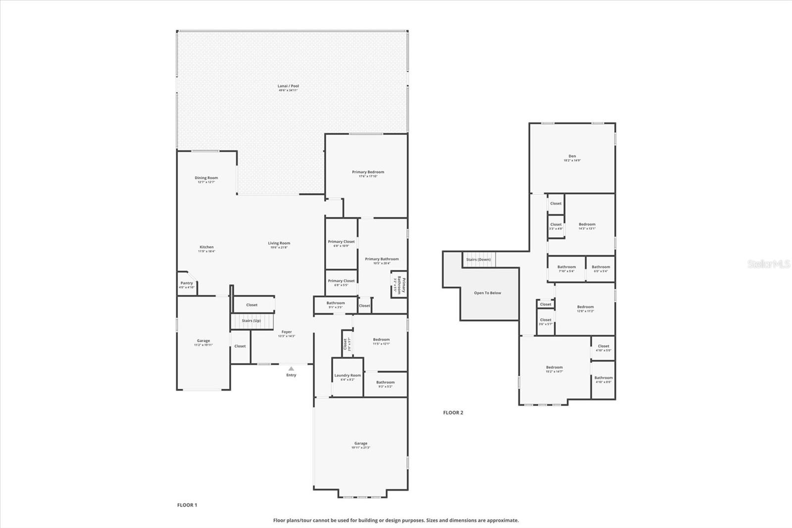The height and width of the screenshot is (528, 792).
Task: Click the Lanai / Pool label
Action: pyautogui.click(x=288, y=88)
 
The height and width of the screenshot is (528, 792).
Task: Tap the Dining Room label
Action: pyautogui.click(x=206, y=179)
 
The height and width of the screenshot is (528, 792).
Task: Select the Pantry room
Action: pyautogui.click(x=187, y=285)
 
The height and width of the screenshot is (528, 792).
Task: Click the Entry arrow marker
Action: pyautogui.click(x=291, y=369)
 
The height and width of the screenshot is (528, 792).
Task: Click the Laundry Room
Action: pyautogui.click(x=347, y=377)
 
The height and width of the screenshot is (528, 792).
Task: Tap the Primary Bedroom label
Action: pyautogui.click(x=368, y=173)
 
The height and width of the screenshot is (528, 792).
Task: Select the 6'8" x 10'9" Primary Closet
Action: pyautogui.click(x=341, y=243)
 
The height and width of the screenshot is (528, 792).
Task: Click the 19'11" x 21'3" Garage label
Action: pyautogui.click(x=360, y=445)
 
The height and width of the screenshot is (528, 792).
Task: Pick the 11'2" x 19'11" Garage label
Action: pyautogui.click(x=203, y=342)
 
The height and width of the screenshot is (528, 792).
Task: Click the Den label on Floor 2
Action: pyautogui.click(x=572, y=158)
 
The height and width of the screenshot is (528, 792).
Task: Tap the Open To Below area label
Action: pyautogui.click(x=488, y=293)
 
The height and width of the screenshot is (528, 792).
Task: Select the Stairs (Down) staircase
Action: pyautogui.click(x=479, y=260)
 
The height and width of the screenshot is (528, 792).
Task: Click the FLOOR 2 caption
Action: pyautogui.click(x=453, y=413)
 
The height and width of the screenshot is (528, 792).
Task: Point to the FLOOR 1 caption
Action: pyautogui.click(x=187, y=505)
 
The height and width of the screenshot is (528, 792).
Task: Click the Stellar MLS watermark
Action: pyautogui.click(x=768, y=264)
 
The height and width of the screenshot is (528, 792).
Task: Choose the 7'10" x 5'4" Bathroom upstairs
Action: pyautogui.click(x=566, y=268)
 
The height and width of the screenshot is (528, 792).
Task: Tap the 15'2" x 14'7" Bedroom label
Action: pyautogui.click(x=554, y=369)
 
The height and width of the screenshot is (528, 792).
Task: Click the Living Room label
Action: pyautogui.click(x=279, y=245)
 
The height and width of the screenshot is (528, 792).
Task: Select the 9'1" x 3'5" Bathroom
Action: pyautogui.click(x=335, y=305)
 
